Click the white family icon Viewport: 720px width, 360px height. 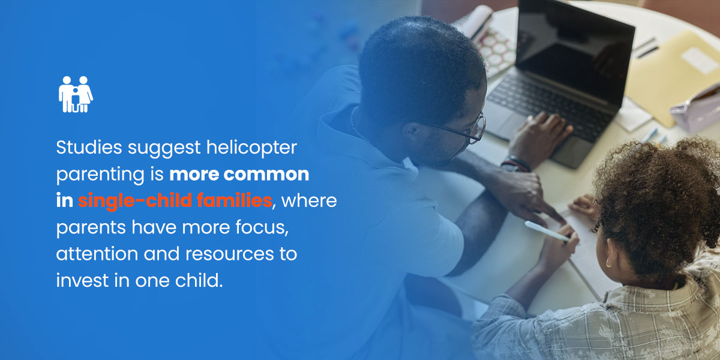(76, 95)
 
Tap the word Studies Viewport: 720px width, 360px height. (89, 148)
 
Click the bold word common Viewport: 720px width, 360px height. (266, 174)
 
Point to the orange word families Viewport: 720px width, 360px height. (235, 200)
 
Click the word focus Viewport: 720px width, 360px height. (262, 227)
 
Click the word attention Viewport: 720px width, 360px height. (97, 254)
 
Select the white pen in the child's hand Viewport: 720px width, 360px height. (547, 231)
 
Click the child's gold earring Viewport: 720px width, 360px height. (608, 263)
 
